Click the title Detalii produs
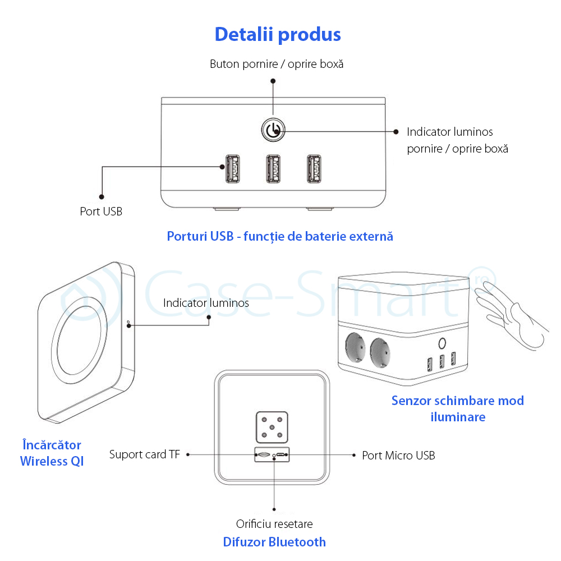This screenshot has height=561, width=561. tap(278, 35)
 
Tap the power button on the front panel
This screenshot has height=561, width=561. tap(273, 130)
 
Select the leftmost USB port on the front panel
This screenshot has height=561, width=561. tap(233, 169)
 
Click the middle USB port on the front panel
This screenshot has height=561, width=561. tap(273, 169)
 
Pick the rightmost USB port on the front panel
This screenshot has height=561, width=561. tap(314, 169)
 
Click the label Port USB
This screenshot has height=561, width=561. tap(101, 211)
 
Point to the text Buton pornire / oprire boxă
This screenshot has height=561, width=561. tap(277, 64)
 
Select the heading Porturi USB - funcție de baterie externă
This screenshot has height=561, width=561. tap(280, 237)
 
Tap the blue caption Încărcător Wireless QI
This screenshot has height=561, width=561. tap(52, 453)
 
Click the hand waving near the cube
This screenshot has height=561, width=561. tap(511, 315)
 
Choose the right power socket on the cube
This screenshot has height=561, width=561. tap(380, 353)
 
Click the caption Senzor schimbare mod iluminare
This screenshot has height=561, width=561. tap(458, 408)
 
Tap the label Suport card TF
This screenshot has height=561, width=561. tap(145, 454)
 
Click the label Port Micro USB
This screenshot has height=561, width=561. tap(398, 456)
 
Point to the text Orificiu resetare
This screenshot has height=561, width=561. tap(274, 524)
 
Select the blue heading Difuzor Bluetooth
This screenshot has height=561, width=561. tap(274, 542)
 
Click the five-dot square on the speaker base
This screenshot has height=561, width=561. tap(272, 427)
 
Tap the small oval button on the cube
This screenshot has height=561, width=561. tap(442, 344)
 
